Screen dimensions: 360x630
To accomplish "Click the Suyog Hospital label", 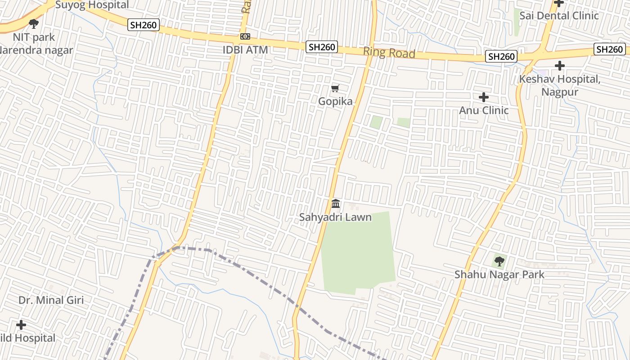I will pyautogui.click(x=92, y=5).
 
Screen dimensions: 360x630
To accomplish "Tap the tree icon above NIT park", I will pyautogui.click(x=33, y=23).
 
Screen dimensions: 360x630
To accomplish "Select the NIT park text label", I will pyautogui.click(x=34, y=37).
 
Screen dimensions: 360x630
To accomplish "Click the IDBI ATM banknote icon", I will pyautogui.click(x=245, y=36).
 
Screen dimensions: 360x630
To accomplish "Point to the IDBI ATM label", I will pyautogui.click(x=245, y=49).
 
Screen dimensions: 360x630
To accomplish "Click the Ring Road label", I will pyautogui.click(x=389, y=52).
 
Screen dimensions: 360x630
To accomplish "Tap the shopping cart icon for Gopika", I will pyautogui.click(x=335, y=88).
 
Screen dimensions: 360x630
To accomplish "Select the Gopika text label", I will pyautogui.click(x=335, y=102).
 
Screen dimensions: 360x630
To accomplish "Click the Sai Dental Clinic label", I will pyautogui.click(x=559, y=16).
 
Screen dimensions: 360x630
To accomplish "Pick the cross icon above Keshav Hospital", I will pyautogui.click(x=559, y=66).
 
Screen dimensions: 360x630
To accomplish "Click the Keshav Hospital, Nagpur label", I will pyautogui.click(x=559, y=85).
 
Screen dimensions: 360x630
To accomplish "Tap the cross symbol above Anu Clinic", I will pyautogui.click(x=484, y=97).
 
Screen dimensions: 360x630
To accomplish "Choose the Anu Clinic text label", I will pyautogui.click(x=484, y=110).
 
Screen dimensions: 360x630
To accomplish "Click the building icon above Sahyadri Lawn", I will pyautogui.click(x=336, y=204).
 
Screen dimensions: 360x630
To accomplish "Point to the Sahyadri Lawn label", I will pyautogui.click(x=336, y=217).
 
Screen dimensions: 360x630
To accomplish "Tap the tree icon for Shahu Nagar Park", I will pyautogui.click(x=499, y=261).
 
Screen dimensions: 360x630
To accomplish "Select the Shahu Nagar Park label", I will pyautogui.click(x=499, y=274).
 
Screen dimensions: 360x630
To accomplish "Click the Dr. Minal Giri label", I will pyautogui.click(x=51, y=300).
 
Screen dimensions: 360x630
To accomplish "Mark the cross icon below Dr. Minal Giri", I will pyautogui.click(x=21, y=324).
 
